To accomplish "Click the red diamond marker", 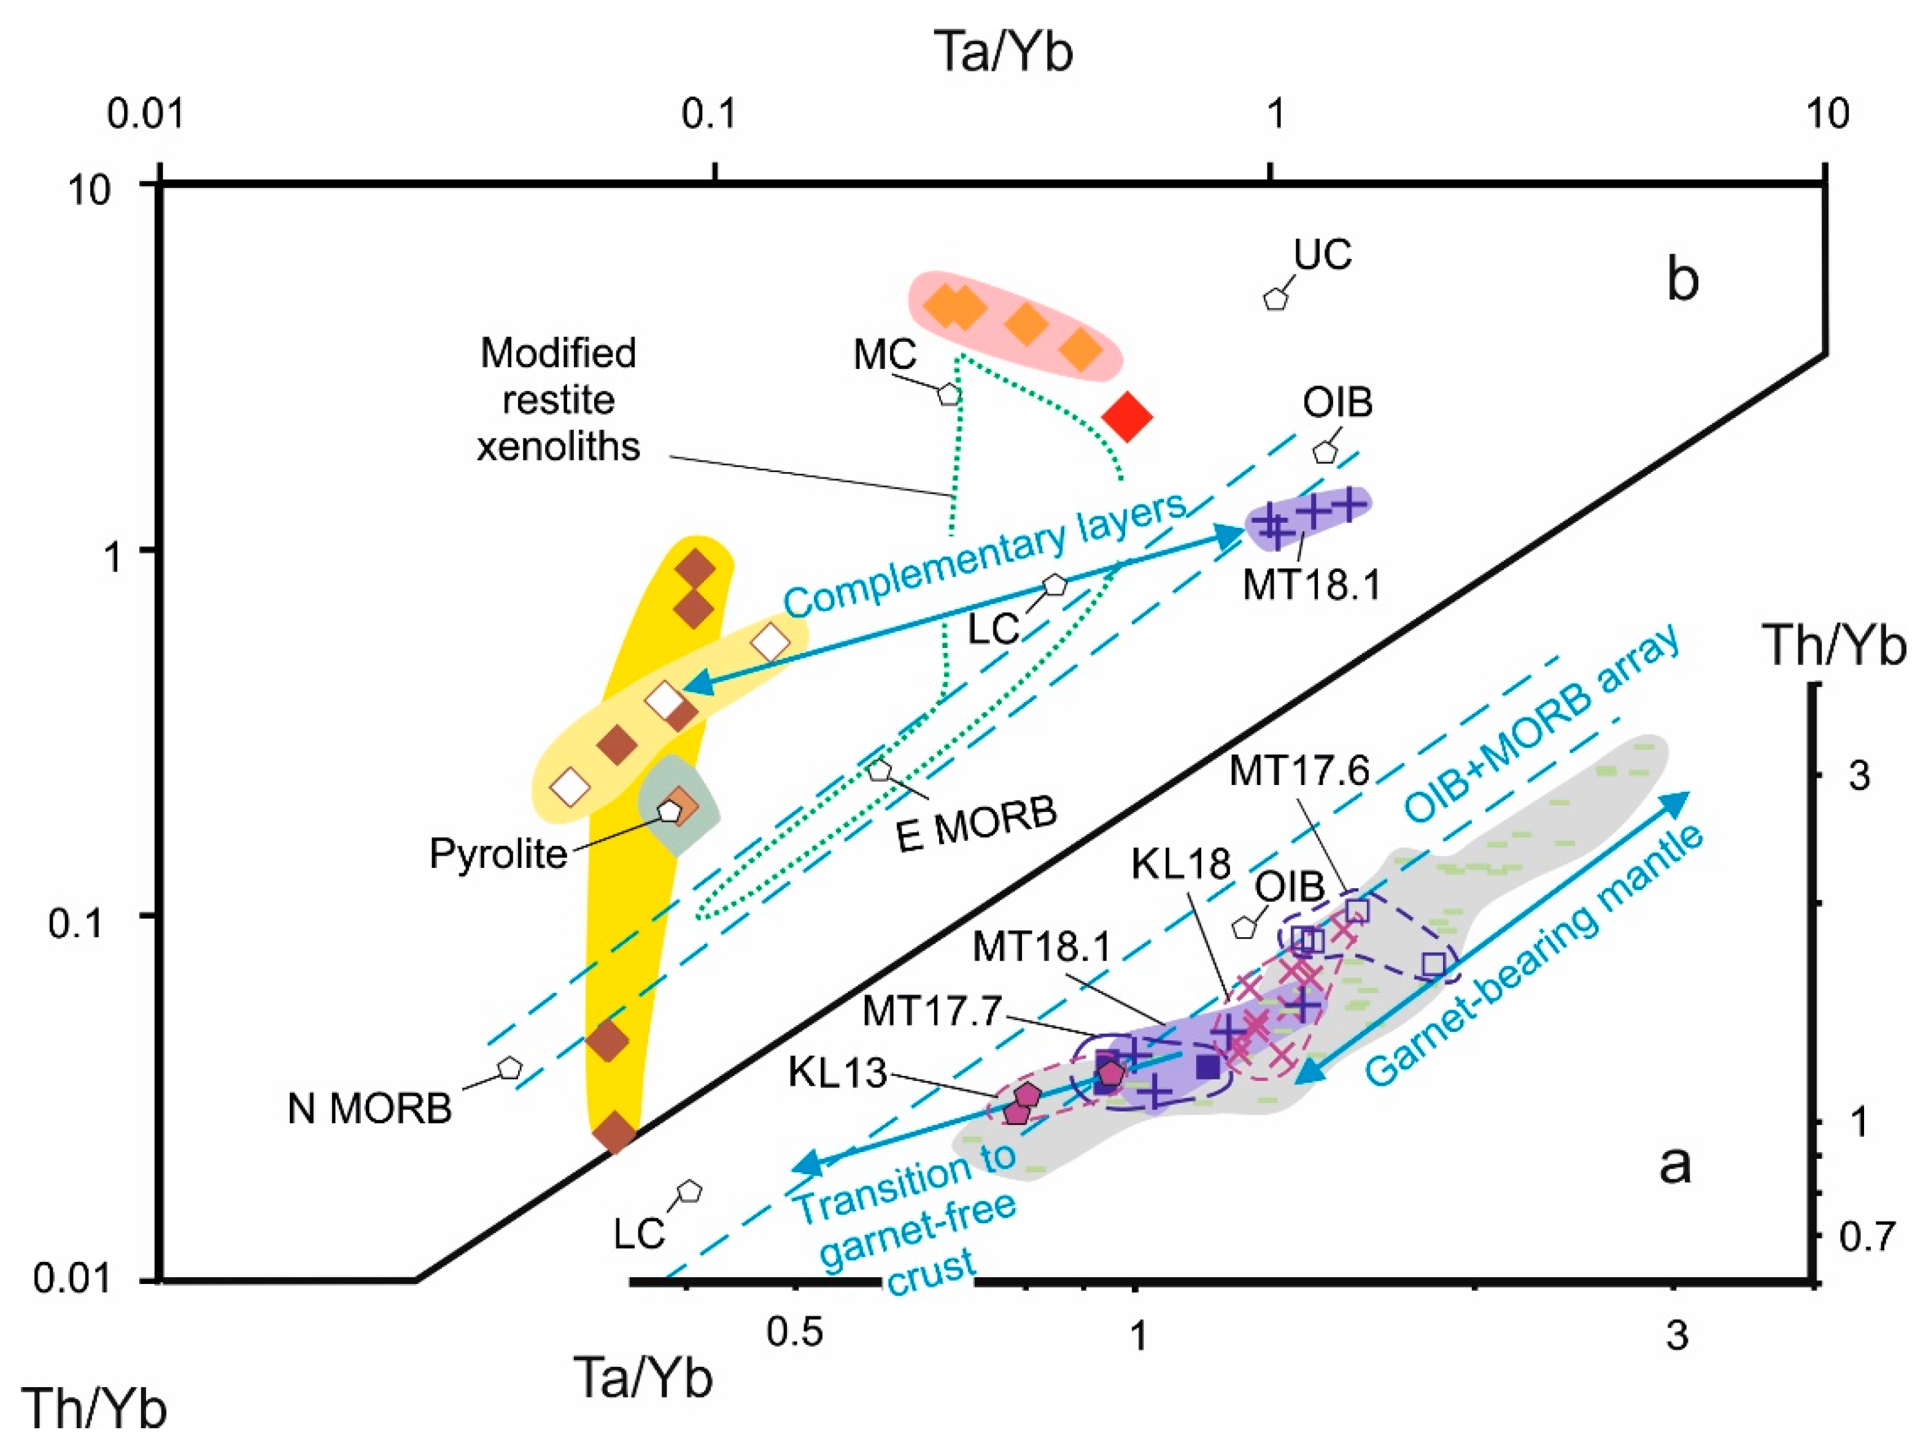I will click(x=1127, y=417).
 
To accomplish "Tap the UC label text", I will click(x=1322, y=255).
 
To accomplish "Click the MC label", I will click(x=885, y=355).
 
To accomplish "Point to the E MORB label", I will click(x=977, y=824).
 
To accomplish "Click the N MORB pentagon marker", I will click(x=509, y=1068).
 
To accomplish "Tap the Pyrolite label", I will click(x=498, y=854).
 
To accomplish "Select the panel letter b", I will click(x=1682, y=280).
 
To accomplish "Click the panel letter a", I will click(x=1674, y=1164).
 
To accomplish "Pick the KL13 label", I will click(x=837, y=1072).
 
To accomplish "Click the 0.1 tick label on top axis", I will click(x=708, y=114).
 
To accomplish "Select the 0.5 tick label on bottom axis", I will click(x=795, y=1331).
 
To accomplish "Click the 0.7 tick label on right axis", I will click(x=1867, y=1236).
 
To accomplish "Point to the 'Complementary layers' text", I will click(x=985, y=554).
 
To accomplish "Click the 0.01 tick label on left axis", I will click(x=72, y=1278).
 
